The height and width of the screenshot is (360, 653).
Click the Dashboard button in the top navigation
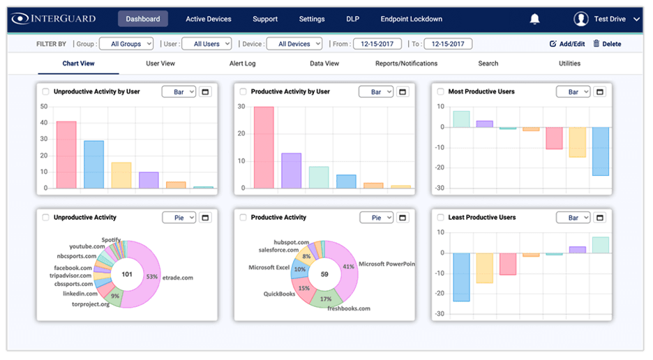pos(142,19)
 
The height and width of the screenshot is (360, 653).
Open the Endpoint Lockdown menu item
pos(411,19)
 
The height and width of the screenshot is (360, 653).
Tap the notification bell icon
pos(535,19)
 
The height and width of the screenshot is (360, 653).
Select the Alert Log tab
pos(242,63)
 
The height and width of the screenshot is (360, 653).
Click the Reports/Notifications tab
pos(406,63)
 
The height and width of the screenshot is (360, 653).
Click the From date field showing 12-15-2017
pos(377,44)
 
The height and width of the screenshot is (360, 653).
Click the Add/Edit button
pos(567,44)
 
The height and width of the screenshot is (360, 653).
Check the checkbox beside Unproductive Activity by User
pos(46,92)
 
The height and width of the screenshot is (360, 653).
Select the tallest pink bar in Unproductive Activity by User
pos(66,155)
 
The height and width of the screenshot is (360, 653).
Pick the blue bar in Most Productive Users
pos(600,151)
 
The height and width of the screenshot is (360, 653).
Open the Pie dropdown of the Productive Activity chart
pos(376,218)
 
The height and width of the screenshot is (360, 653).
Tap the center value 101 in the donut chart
pos(127,274)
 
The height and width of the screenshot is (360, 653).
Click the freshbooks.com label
pos(349,308)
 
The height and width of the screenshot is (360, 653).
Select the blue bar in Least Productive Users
pos(461,277)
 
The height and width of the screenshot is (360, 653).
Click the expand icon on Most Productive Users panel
pos(600,92)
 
